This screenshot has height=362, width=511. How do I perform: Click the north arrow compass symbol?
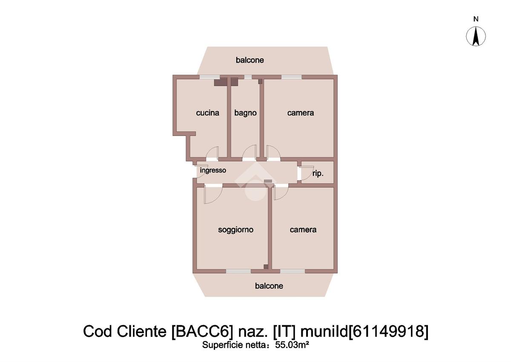(x=476, y=36)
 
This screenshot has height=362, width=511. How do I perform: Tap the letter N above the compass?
(x=476, y=19)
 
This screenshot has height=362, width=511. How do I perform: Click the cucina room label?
(x=207, y=113)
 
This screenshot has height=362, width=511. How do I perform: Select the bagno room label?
(x=245, y=113)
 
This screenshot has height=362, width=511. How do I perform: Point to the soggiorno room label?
(x=235, y=230)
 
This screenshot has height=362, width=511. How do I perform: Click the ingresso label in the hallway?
(x=213, y=170)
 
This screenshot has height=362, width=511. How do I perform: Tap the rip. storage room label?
(x=318, y=174)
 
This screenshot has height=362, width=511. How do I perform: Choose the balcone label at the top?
(x=250, y=60)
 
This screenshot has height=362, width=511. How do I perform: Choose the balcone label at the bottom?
(x=269, y=286)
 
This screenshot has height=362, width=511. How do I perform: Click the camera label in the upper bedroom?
(x=301, y=113)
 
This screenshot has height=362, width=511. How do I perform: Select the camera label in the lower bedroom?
(x=303, y=230)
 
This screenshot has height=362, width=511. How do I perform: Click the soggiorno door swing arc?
(x=213, y=195)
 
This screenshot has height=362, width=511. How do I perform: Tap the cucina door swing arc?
(x=212, y=152)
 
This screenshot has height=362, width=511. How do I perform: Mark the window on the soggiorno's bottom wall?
(x=238, y=271)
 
